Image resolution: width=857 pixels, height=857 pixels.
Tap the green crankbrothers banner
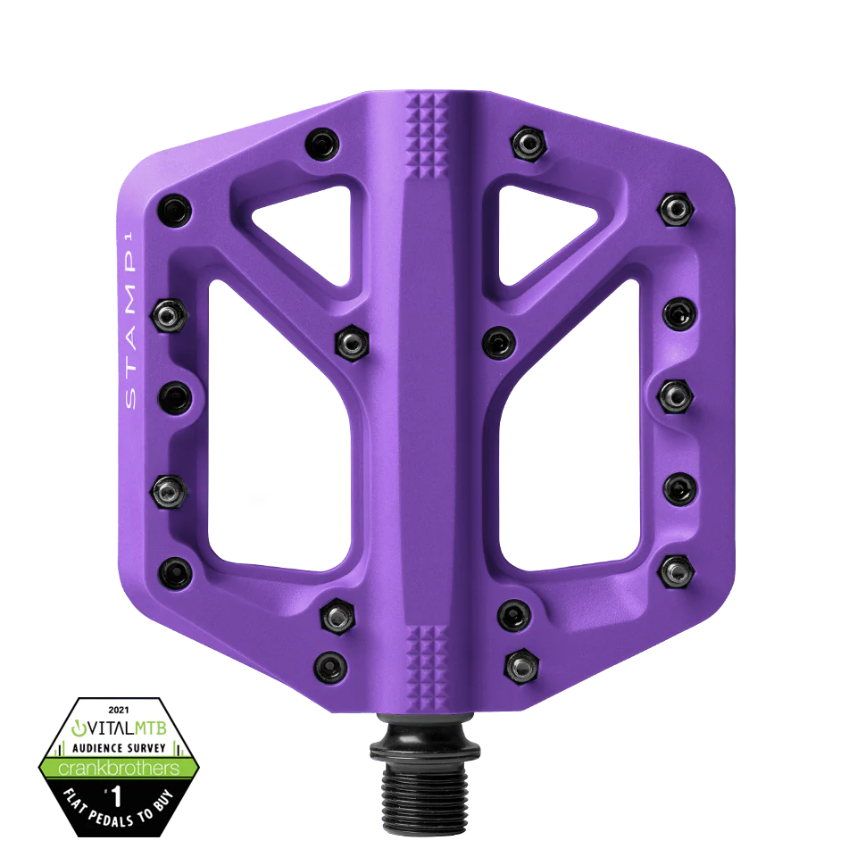[118, 767]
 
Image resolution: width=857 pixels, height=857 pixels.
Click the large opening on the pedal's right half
[571, 428]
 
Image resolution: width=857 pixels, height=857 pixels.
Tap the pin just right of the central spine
[497, 340]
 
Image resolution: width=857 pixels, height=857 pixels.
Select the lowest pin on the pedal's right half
[520, 663]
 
